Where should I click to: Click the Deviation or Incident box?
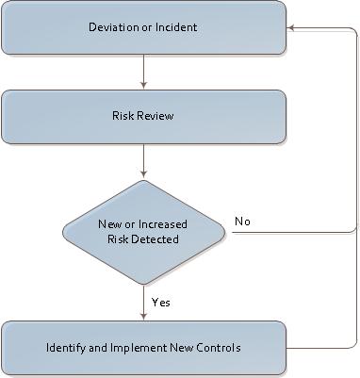[143, 27]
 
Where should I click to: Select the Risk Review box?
[143, 117]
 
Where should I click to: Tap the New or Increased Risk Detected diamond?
[143, 232]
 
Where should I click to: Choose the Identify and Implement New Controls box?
[143, 348]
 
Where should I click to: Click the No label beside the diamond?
[242, 222]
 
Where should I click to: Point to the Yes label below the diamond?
[161, 302]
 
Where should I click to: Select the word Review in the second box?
[158, 117]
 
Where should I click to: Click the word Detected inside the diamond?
[164, 239]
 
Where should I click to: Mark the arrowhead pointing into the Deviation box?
[291, 27]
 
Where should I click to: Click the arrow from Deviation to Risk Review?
[143, 71]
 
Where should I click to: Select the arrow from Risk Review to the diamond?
[143, 160]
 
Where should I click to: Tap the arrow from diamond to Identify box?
[143, 302]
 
